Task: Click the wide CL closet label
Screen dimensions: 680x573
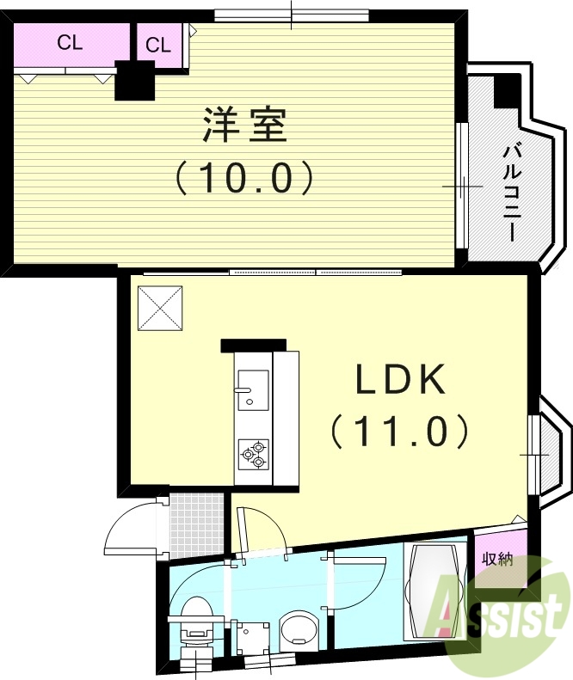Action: (x=71, y=43)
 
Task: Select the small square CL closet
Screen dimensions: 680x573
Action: (x=158, y=46)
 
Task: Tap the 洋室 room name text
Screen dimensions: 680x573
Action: (x=244, y=126)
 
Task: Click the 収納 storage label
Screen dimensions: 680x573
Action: (x=497, y=561)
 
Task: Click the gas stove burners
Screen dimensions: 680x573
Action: (x=254, y=453)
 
